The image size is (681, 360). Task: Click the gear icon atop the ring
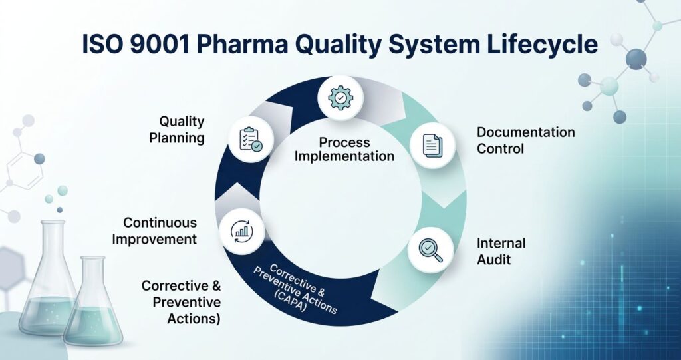[x=340, y=96]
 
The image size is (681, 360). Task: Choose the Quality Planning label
[x=181, y=130]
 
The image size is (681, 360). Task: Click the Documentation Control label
[x=525, y=140]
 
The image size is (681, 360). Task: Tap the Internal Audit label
[x=501, y=251]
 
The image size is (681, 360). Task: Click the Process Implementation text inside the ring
[x=344, y=149]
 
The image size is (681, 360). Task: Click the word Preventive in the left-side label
[x=187, y=302]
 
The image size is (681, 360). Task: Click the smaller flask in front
[x=92, y=306]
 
